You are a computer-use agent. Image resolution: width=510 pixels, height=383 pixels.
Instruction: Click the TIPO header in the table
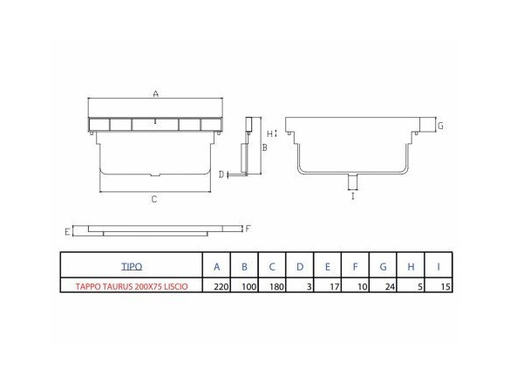(132, 267)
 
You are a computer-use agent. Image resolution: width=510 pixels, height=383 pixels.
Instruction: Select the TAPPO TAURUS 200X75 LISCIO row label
(132, 287)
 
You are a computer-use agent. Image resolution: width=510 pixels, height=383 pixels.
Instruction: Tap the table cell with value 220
(221, 287)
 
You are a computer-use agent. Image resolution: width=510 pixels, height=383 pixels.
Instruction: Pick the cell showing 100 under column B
(249, 287)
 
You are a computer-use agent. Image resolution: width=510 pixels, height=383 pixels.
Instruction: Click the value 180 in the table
(276, 287)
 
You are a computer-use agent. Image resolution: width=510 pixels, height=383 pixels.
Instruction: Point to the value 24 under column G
(390, 287)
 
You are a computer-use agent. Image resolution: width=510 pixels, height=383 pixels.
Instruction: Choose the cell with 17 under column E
(334, 287)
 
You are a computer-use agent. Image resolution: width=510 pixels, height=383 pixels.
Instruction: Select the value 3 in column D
(309, 287)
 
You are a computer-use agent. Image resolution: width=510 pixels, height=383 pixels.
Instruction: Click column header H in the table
(411, 267)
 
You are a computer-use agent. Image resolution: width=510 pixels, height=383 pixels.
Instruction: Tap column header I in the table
(439, 267)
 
